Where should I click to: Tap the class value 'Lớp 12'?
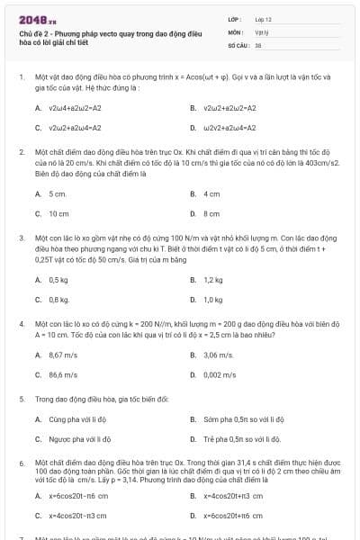tap(265, 19)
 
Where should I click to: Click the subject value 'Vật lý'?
tap(262, 31)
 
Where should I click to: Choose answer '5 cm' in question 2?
tap(58, 193)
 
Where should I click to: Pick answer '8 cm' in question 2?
tap(211, 213)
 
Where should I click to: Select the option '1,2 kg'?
tap(212, 280)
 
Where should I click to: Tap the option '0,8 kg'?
tap(58, 299)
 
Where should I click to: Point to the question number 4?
tap(21, 321)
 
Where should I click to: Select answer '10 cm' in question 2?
tap(58, 213)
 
